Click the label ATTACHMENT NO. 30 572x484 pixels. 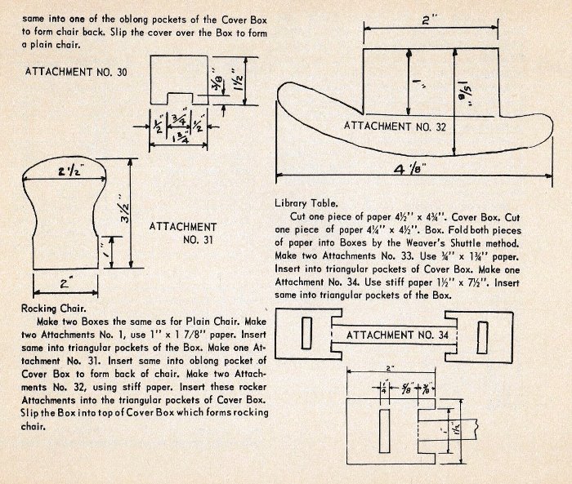pos(76,73)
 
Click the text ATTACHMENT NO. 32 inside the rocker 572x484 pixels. pos(395,126)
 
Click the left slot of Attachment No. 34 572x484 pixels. pos(306,335)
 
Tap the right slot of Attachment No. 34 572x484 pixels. pos(484,335)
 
